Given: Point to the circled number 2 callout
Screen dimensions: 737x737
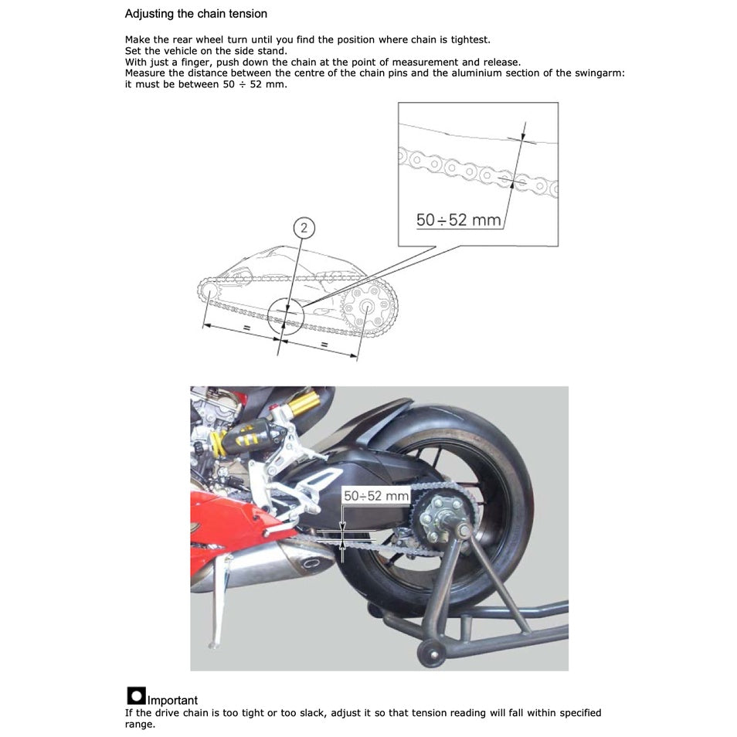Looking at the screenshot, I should tap(305, 227).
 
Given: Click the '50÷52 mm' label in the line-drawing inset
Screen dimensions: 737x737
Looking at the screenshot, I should tap(459, 220).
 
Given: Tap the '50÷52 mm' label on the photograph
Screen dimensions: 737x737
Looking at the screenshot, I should tap(375, 495).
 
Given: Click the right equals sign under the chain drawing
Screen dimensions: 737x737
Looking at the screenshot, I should tap(324, 343).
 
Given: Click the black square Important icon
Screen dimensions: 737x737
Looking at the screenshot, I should tap(136, 695).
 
